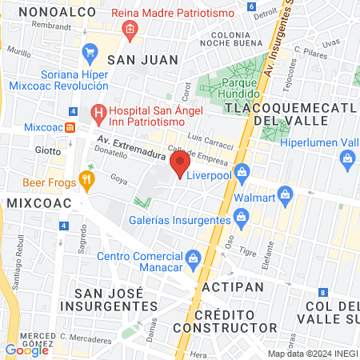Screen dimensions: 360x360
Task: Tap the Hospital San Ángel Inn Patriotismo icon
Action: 99,113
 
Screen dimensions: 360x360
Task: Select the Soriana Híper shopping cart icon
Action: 90,54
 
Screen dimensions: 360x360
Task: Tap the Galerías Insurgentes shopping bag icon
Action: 240,217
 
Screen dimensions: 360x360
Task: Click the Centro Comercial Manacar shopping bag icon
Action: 193,257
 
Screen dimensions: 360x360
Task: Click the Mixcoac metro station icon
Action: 70,126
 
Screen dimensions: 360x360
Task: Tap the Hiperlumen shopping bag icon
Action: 348,158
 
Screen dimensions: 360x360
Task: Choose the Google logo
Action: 26,350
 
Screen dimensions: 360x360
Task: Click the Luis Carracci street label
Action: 209,138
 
